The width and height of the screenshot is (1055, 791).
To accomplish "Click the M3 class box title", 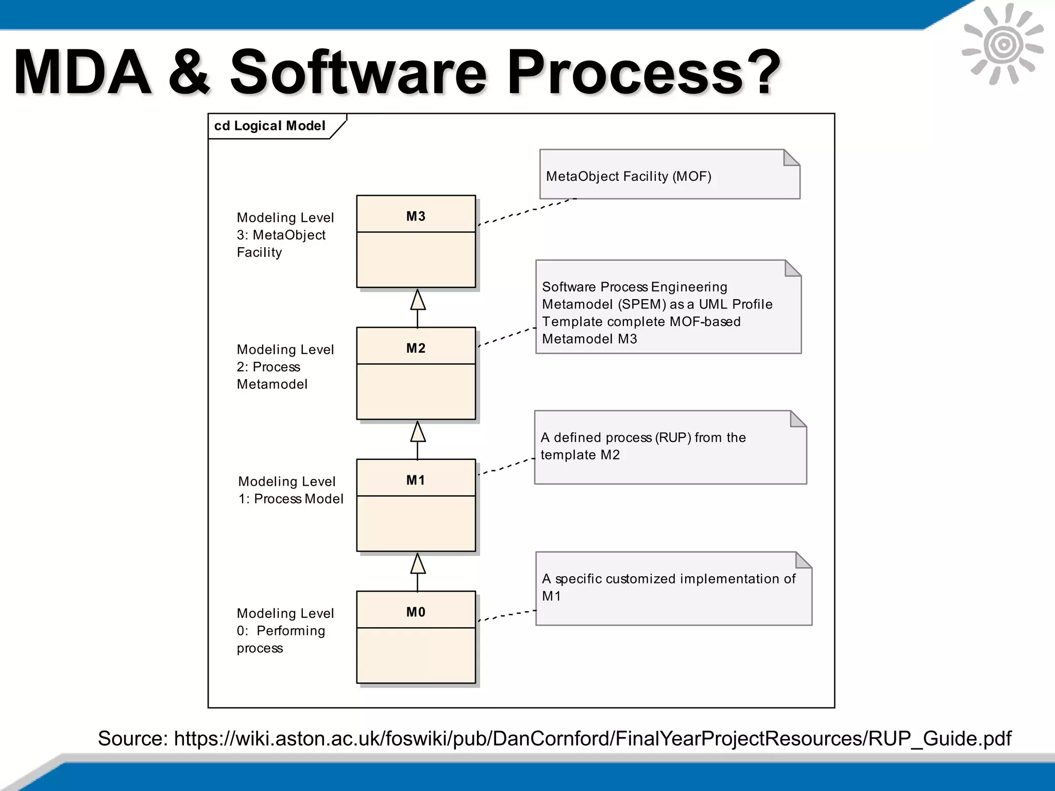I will pyautogui.click(x=416, y=216).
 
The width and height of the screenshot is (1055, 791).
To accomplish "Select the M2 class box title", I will pyautogui.click(x=416, y=348).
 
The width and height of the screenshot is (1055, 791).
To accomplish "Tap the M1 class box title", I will pyautogui.click(x=416, y=480).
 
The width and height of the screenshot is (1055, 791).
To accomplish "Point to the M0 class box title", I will pyautogui.click(x=416, y=612).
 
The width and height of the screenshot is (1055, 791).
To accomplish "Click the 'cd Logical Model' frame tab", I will pyautogui.click(x=270, y=126).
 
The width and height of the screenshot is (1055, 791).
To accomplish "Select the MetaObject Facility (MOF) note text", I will pyautogui.click(x=628, y=177).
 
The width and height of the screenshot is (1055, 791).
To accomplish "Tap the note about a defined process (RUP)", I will pyautogui.click(x=643, y=446).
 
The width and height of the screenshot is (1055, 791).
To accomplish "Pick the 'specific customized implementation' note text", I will pyautogui.click(x=668, y=579).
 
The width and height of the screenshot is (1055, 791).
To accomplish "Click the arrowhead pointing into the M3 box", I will pyautogui.click(x=418, y=300).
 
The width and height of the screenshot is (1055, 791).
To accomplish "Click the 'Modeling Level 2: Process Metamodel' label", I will pyautogui.click(x=285, y=367).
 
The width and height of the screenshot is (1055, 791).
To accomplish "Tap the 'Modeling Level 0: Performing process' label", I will pyautogui.click(x=285, y=630).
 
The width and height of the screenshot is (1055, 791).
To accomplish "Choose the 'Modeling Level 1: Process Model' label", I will pyautogui.click(x=290, y=490).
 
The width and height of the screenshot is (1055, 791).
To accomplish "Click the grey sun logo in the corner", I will pyautogui.click(x=1002, y=44).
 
